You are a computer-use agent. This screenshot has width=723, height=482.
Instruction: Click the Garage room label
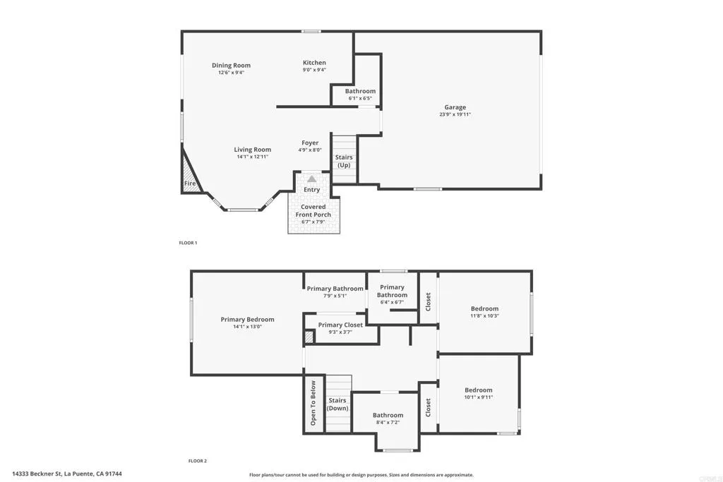455,107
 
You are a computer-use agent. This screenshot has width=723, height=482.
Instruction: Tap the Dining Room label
231,66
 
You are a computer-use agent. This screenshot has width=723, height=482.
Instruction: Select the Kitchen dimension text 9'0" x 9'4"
314,70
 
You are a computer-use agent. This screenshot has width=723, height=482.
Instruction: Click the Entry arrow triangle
311,179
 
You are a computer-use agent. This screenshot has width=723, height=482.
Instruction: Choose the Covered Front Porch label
313,210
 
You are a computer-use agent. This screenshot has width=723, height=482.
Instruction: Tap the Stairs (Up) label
344,161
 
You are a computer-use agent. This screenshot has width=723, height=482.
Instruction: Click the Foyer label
310,143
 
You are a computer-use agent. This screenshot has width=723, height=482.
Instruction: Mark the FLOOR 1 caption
188,243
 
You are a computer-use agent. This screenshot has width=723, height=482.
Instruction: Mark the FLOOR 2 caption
197,461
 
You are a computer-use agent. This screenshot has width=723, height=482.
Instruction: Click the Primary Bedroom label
247,320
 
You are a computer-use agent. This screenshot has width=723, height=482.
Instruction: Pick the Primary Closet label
340,325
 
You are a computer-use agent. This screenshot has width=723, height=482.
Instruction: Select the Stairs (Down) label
337,404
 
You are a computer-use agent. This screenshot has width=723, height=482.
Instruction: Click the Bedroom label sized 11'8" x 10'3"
484,308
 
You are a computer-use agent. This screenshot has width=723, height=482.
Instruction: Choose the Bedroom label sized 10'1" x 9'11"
478,390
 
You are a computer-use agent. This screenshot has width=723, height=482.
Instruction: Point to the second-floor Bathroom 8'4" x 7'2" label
388,416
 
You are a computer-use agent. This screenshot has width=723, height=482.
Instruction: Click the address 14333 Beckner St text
71,474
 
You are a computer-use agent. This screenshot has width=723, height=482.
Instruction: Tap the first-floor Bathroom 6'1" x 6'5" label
360,91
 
